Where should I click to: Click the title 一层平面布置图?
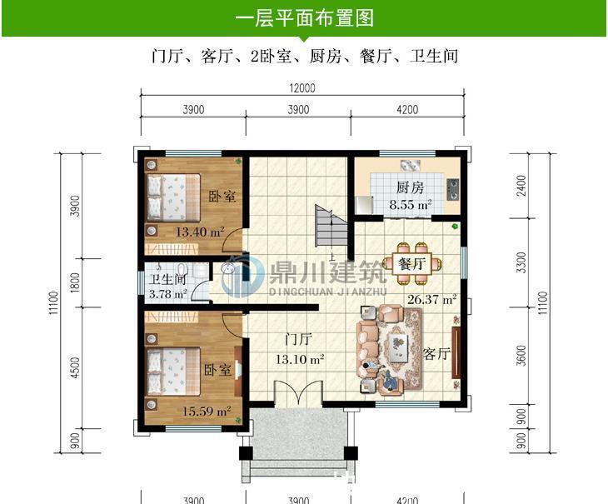coord(304,17)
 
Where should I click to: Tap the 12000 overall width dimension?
coord(302,88)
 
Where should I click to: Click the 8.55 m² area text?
coord(411,204)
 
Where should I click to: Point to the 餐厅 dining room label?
coord(412,263)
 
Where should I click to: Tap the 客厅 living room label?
coord(436,353)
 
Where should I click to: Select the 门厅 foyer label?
coord(298,340)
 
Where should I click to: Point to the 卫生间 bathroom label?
coord(167,280)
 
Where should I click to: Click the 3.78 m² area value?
coord(168,294)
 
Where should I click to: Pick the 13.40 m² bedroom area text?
coord(200,232)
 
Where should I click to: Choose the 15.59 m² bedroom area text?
coord(206,411)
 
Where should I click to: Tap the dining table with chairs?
coord(411,254)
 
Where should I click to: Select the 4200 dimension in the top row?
coord(407,110)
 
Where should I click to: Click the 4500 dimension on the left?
coord(75,367)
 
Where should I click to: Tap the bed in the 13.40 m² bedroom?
coord(174,196)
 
